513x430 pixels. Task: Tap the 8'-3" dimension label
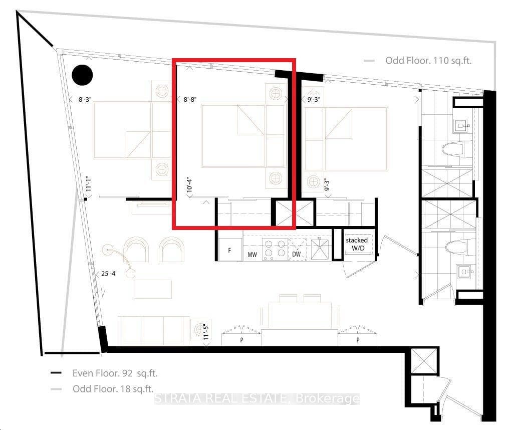(87, 100)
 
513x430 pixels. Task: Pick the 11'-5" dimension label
(206, 332)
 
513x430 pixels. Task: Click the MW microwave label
(252, 255)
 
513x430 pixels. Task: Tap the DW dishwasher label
(297, 255)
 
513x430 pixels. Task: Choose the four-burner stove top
(275, 249)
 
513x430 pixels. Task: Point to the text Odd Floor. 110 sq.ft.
(428, 61)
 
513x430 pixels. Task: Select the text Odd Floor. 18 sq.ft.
(113, 389)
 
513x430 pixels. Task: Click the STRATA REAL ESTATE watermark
(256, 399)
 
